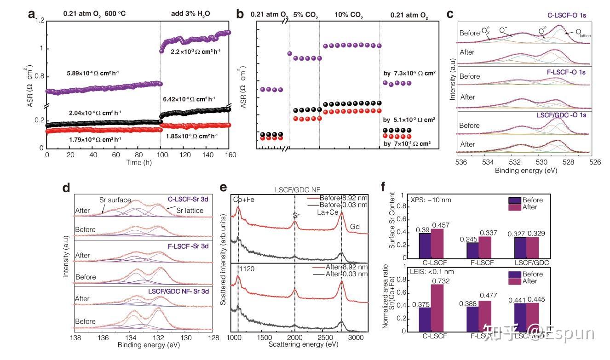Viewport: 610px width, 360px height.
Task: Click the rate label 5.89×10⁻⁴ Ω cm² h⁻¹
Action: click(x=94, y=73)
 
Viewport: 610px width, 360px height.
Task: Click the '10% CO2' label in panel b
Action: click(x=348, y=17)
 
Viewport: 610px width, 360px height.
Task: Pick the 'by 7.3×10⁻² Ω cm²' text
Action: click(x=409, y=73)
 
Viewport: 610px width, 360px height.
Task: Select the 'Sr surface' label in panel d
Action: click(x=115, y=200)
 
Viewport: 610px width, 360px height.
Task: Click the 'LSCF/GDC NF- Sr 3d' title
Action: click(x=179, y=291)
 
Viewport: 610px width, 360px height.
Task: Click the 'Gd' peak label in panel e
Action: click(x=355, y=227)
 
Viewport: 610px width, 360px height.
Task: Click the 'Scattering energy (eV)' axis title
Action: click(x=301, y=344)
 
